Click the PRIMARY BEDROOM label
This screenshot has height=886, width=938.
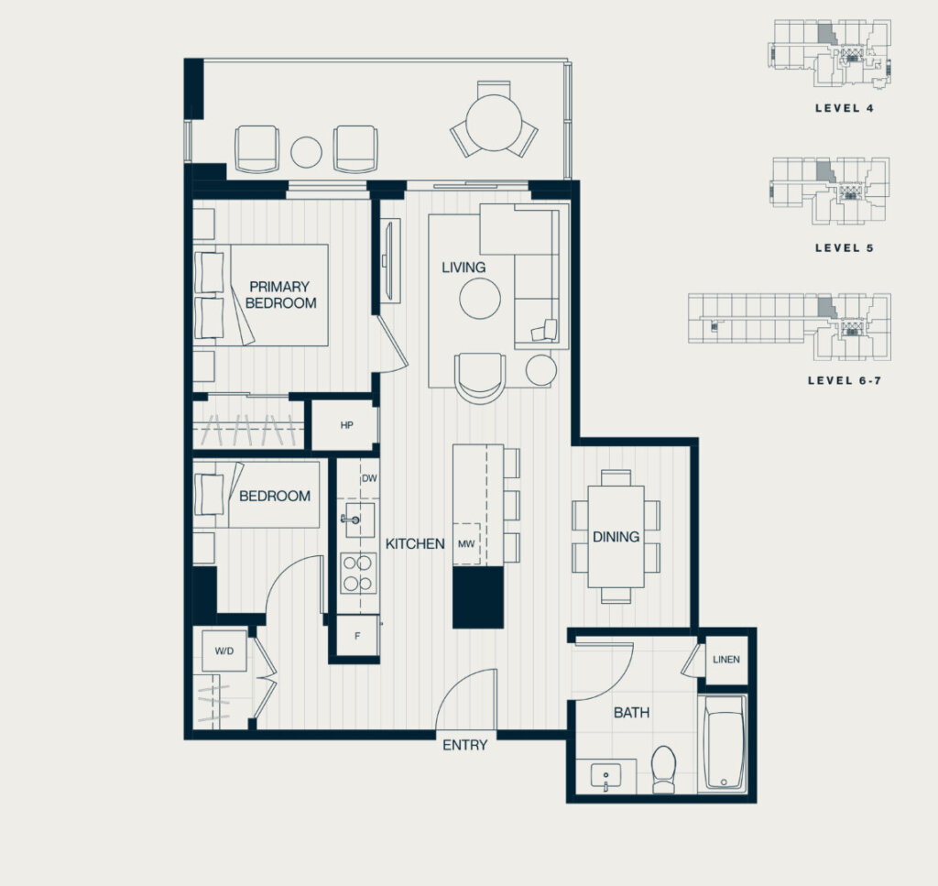pos(280,294)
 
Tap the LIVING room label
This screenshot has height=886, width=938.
pos(464,268)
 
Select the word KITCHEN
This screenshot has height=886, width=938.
pos(415,544)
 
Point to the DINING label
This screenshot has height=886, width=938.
pos(616,537)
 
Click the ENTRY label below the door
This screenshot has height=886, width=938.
pos(464,745)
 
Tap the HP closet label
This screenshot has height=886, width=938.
pos(346,425)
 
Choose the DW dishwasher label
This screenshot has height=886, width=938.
pos(370,478)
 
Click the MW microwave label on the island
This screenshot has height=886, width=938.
pos(466,544)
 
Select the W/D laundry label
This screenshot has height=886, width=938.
pos(224,651)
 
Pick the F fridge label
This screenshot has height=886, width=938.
pos(357,636)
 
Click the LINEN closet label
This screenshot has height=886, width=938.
pos(726,660)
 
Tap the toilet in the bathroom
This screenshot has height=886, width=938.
pos(663,769)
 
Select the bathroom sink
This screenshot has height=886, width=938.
pos(606,777)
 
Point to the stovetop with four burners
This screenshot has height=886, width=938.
pos(358,573)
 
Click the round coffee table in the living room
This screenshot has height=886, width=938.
pos(480,299)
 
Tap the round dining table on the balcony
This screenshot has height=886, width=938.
pos(494,124)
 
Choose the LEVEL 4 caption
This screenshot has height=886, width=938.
pos(844,108)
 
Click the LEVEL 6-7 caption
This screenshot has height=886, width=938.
pos(844,380)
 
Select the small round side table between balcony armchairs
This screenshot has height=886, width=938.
pos(306,152)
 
